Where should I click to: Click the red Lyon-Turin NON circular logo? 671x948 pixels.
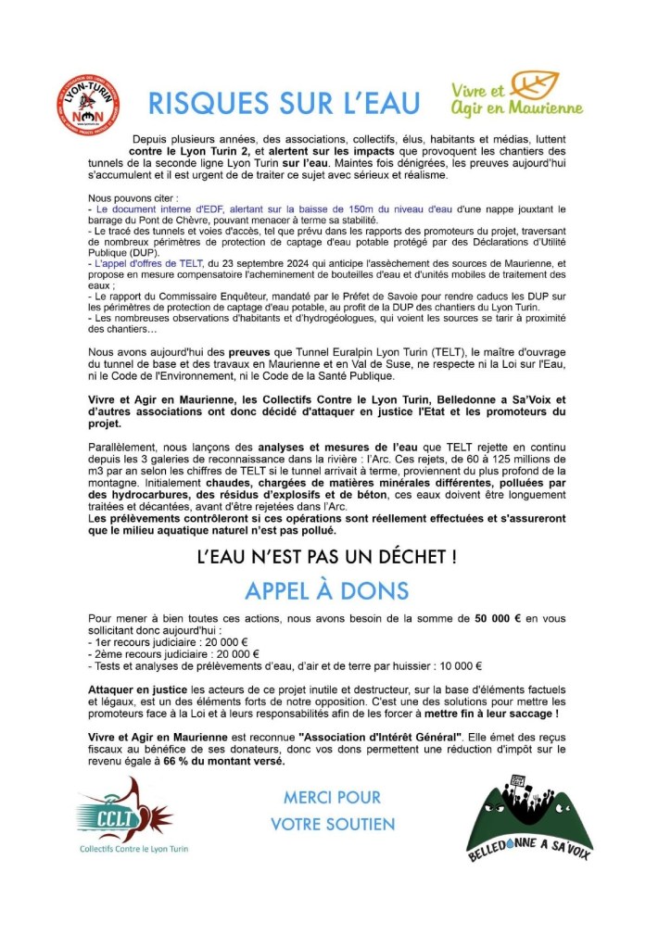click(x=88, y=105)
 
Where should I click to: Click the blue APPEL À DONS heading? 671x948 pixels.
click(x=326, y=590)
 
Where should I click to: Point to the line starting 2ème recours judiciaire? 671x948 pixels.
click(x=171, y=653)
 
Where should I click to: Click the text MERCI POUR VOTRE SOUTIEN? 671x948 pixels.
click(x=332, y=810)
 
